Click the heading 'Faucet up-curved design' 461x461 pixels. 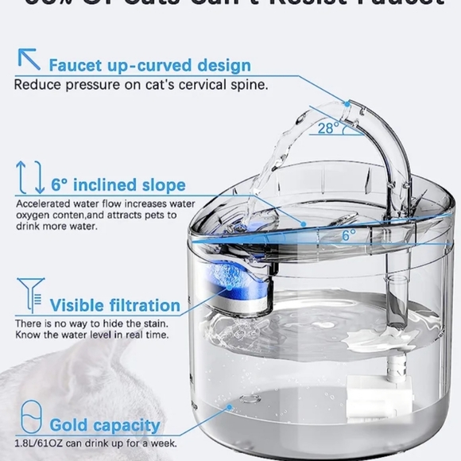click(149, 65)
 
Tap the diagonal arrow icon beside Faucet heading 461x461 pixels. click(30, 59)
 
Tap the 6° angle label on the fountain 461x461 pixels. click(349, 234)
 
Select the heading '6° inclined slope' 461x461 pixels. click(118, 185)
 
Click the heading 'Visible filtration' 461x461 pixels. click(114, 304)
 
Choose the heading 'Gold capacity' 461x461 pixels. click(105, 425)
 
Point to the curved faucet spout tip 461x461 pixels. click(347, 104)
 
